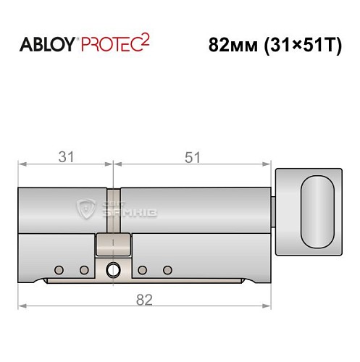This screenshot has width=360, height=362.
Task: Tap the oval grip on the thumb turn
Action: coord(316,211)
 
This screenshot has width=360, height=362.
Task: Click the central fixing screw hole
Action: coord(113,271)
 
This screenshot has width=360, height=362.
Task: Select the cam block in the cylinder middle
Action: coord(113,244)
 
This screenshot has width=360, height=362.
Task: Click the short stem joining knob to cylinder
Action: coord(274,211)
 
